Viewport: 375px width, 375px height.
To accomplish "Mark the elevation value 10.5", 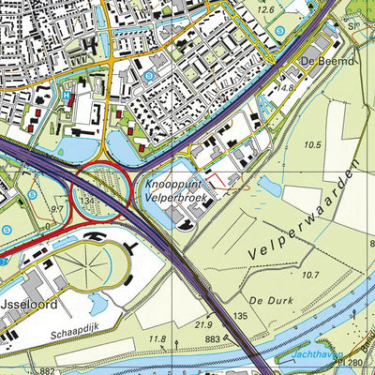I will tap(312, 144).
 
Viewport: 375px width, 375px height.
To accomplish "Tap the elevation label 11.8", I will tap(157, 338).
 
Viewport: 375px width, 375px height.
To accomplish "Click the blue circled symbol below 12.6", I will tap(280, 33).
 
